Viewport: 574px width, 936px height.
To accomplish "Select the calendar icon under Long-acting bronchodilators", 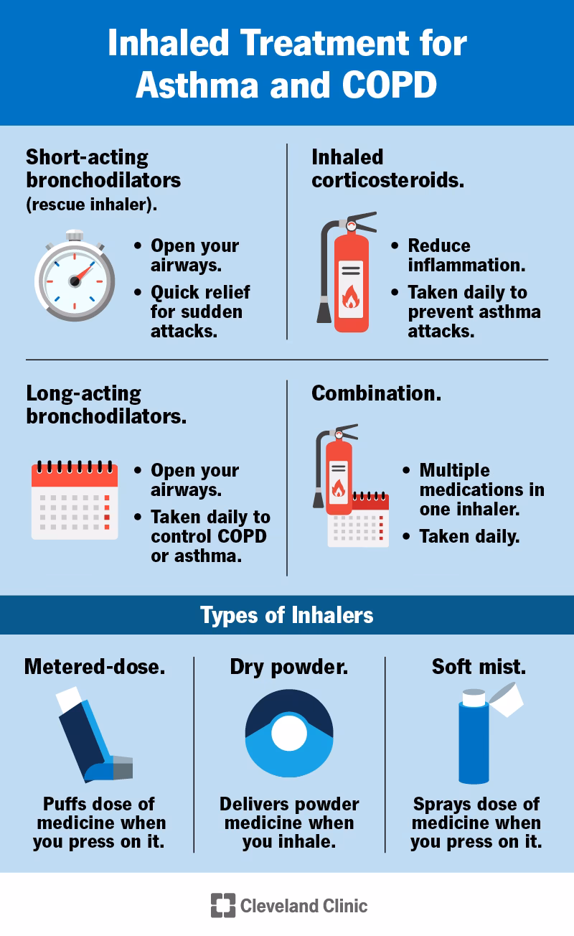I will (75, 500).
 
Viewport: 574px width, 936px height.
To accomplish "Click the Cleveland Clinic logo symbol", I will (222, 905).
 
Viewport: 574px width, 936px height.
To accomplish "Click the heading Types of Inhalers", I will (287, 615).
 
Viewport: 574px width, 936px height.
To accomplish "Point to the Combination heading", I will (376, 393).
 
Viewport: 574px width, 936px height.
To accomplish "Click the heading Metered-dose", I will (95, 666).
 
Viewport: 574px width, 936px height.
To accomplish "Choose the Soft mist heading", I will (479, 666).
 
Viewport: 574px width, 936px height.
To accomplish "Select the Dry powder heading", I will (289, 666).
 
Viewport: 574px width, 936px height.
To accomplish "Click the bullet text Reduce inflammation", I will (466, 255).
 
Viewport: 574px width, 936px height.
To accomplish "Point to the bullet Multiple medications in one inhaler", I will (481, 490).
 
